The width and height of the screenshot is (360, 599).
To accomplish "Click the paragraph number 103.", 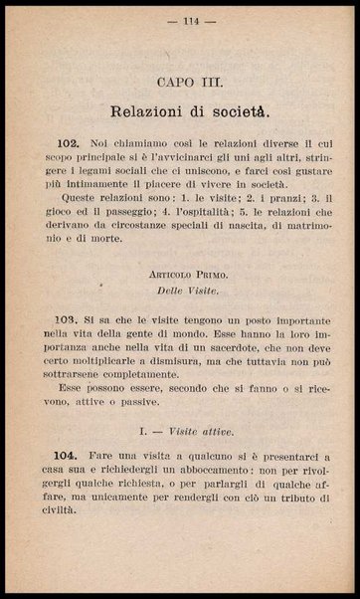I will pyautogui.click(x=88, y=324).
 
